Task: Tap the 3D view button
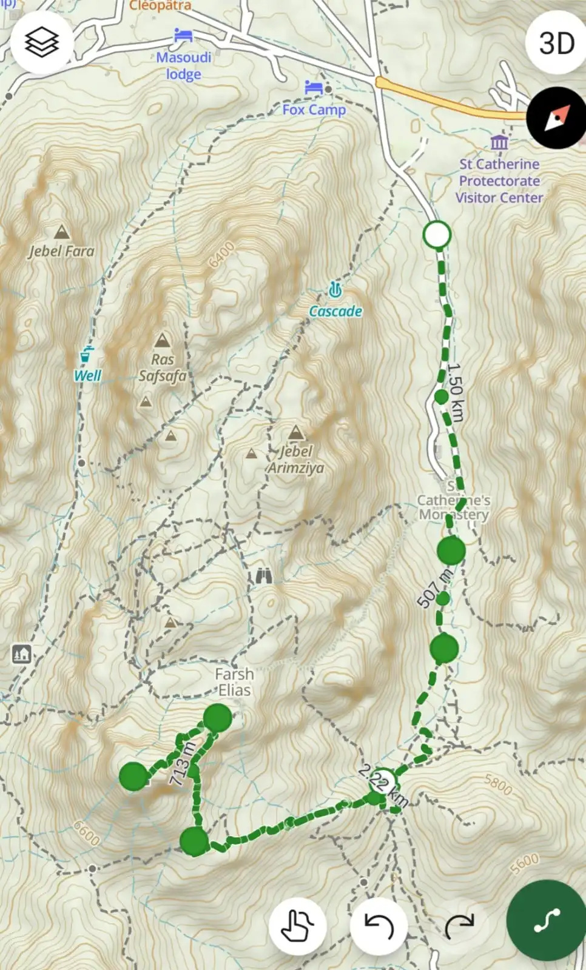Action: coord(556,43)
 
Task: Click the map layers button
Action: coord(42,42)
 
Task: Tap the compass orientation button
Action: coord(556,118)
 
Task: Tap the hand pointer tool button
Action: coord(297,926)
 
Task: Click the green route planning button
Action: coord(546,921)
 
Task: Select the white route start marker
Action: coord(437,235)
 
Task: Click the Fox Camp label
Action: coord(314,110)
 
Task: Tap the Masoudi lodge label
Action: coord(183,65)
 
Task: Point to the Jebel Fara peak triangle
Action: coord(61,232)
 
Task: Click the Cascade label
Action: coord(335,311)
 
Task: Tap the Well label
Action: coord(87,376)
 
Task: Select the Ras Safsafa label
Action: coord(162,367)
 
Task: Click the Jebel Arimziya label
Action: coord(297,460)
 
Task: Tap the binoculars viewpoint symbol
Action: coord(263,575)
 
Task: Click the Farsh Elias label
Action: coord(234,682)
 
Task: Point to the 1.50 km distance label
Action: coord(456,392)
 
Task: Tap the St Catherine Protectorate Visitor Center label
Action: coord(499,181)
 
